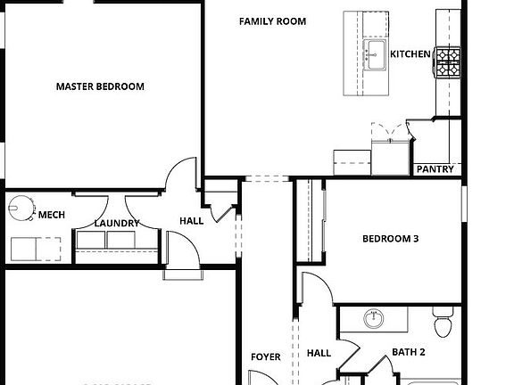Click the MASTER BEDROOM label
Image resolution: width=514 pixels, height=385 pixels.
100,86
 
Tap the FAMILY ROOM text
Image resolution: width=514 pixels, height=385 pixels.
272,20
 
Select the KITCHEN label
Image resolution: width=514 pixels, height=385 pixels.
410,54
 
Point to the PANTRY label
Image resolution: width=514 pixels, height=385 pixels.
435,169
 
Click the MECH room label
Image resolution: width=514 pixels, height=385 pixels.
51,215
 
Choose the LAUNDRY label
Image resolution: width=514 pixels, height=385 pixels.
116,223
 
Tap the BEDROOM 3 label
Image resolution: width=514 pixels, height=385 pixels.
390,239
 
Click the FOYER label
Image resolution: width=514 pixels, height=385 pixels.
265,356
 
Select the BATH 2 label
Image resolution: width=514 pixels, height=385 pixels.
409,352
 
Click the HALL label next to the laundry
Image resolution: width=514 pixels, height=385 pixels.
191,220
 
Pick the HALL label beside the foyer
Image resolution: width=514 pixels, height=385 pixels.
319,353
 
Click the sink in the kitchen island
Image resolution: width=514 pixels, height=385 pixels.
375,53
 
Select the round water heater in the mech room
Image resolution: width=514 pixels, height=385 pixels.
21,209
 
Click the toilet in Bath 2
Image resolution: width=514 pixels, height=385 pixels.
444,318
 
